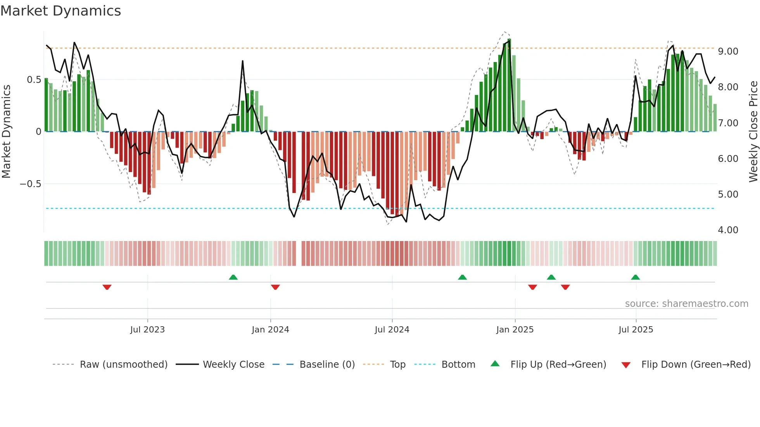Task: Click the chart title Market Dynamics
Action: [x=60, y=11]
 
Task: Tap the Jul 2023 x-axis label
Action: [x=147, y=330]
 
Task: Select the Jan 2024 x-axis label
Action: [x=270, y=330]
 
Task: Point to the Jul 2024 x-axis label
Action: [x=392, y=330]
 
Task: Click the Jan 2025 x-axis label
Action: [x=515, y=330]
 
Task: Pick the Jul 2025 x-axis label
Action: [x=636, y=330]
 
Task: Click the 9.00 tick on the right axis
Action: [x=728, y=52]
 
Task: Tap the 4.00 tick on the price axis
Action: [x=728, y=230]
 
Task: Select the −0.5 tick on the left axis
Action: [x=31, y=184]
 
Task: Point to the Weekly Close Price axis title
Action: [x=753, y=132]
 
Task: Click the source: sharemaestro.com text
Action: [x=686, y=304]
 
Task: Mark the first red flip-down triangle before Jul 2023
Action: [x=107, y=287]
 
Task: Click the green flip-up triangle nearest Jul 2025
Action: [x=635, y=277]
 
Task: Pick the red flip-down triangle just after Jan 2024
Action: [x=275, y=287]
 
